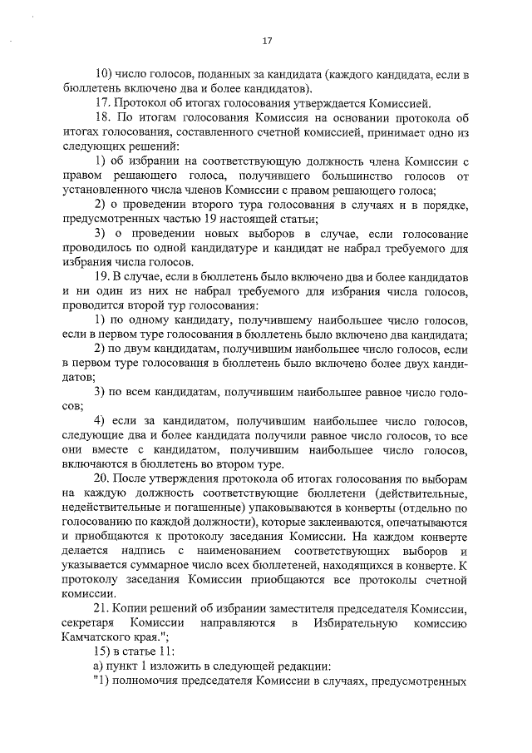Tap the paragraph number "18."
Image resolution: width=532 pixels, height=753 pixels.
pyautogui.click(x=104, y=118)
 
